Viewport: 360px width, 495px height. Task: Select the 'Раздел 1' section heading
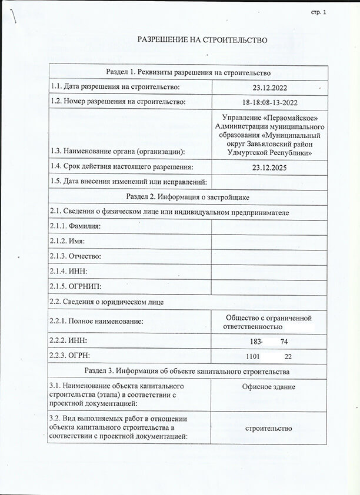tap(188, 73)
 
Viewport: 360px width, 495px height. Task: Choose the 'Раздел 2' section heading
tap(188, 196)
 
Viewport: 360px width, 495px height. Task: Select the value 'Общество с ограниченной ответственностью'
tap(268, 322)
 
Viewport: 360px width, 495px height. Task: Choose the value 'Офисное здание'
tap(268, 387)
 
